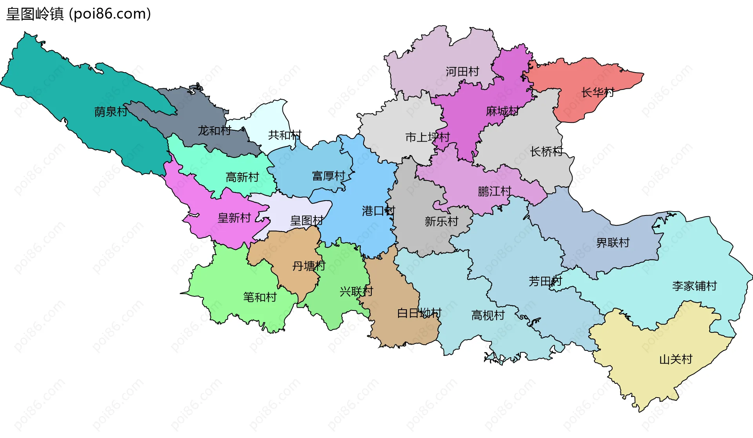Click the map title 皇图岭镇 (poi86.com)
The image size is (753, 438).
pos(78,14)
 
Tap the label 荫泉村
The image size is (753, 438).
pos(111,112)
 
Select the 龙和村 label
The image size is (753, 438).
pos(214,130)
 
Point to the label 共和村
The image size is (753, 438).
pos(285,135)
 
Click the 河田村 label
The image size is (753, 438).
pos(462,71)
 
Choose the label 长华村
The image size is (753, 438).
pos(597,93)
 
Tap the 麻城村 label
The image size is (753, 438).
pos(502,111)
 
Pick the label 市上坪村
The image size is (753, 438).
pos(427,137)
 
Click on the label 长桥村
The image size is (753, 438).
pos(546,151)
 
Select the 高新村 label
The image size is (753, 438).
pos(242,177)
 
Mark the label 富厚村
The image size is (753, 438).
pos(329,176)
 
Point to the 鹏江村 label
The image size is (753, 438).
pos(495,192)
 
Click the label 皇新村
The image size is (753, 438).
pos(234,218)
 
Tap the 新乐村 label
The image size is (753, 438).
pos(441,222)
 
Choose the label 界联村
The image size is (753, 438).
pos(613,243)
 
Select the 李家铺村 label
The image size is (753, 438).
pos(694,286)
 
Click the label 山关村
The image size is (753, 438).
pos(676,359)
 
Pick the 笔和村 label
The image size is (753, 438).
pos(260,297)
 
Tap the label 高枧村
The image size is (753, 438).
pos(488,315)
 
